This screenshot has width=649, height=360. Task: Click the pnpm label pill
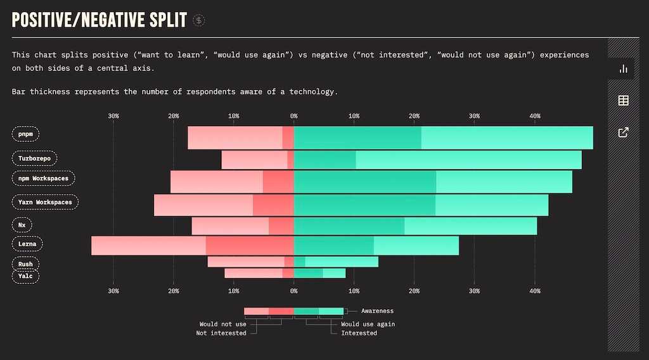(26, 134)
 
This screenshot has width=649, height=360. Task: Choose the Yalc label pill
(26, 276)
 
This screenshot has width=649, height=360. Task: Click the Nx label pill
(22, 224)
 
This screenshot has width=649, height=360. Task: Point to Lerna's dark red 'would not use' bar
(250, 245)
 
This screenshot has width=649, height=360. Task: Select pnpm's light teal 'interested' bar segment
(507, 138)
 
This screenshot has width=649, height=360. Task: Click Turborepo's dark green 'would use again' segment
(324, 160)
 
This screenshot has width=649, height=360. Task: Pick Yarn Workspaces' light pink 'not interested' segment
(203, 205)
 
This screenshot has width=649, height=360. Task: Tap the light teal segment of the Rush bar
(342, 262)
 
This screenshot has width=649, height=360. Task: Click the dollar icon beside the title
(199, 20)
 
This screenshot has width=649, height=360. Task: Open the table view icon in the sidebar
(623, 100)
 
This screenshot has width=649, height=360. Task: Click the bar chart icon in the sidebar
(623, 68)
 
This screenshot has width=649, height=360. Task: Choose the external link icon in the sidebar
(623, 132)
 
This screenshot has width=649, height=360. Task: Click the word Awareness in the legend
(377, 311)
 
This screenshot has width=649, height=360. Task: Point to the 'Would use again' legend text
(368, 324)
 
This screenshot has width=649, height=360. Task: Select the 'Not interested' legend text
(221, 333)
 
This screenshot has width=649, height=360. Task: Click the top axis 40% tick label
(534, 116)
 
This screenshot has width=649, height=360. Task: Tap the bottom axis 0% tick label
(293, 291)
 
